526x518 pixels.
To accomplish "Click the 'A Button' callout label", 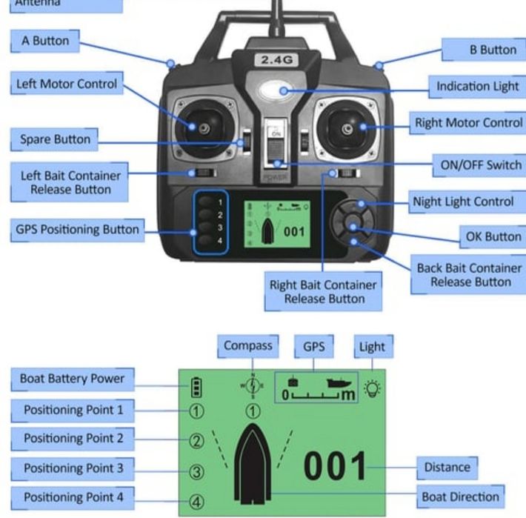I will click(x=45, y=41).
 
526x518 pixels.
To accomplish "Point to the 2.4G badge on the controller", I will click(x=274, y=59).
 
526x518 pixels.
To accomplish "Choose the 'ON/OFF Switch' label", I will click(x=481, y=165).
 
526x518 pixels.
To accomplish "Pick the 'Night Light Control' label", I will click(x=463, y=201).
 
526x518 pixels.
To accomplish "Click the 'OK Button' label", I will click(x=492, y=237).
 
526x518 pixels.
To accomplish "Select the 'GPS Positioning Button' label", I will click(x=78, y=229).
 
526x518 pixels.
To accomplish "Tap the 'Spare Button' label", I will click(x=55, y=139).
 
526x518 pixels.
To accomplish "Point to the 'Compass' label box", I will click(x=248, y=345).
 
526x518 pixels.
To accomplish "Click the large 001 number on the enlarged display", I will click(x=336, y=466).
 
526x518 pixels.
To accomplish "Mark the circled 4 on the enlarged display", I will click(x=197, y=501).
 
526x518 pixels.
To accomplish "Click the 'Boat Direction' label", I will click(x=460, y=496).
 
